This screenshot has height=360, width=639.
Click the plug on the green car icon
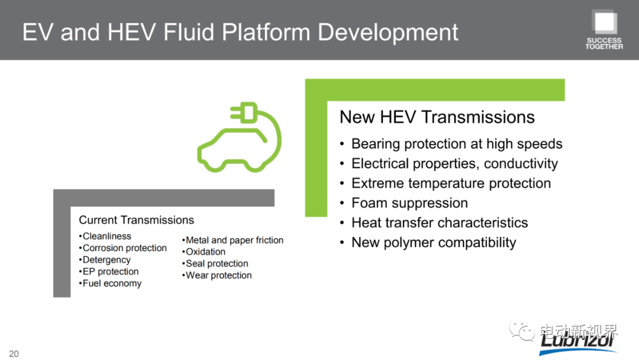tap(244, 112)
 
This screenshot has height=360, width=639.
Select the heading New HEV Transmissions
tap(437, 117)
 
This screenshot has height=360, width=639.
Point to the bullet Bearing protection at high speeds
tap(457, 144)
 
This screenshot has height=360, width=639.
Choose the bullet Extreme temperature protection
tap(451, 184)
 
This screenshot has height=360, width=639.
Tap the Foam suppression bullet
tap(409, 203)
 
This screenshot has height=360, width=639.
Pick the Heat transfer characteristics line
tap(440, 223)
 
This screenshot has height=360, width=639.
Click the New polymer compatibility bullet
tap(434, 243)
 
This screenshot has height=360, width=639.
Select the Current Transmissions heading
tap(137, 220)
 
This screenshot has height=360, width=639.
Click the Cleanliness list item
tap(106, 236)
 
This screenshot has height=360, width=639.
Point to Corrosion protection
tap(125, 248)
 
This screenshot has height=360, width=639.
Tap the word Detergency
tap(106, 260)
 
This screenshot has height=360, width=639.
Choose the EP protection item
tap(111, 272)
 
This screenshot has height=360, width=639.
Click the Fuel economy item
tap(112, 284)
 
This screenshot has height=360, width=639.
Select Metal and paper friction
tap(234, 240)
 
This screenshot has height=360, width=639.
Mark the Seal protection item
tap(217, 263)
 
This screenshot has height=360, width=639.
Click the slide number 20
tap(14, 353)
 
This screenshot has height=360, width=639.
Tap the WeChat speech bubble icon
tap(522, 330)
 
